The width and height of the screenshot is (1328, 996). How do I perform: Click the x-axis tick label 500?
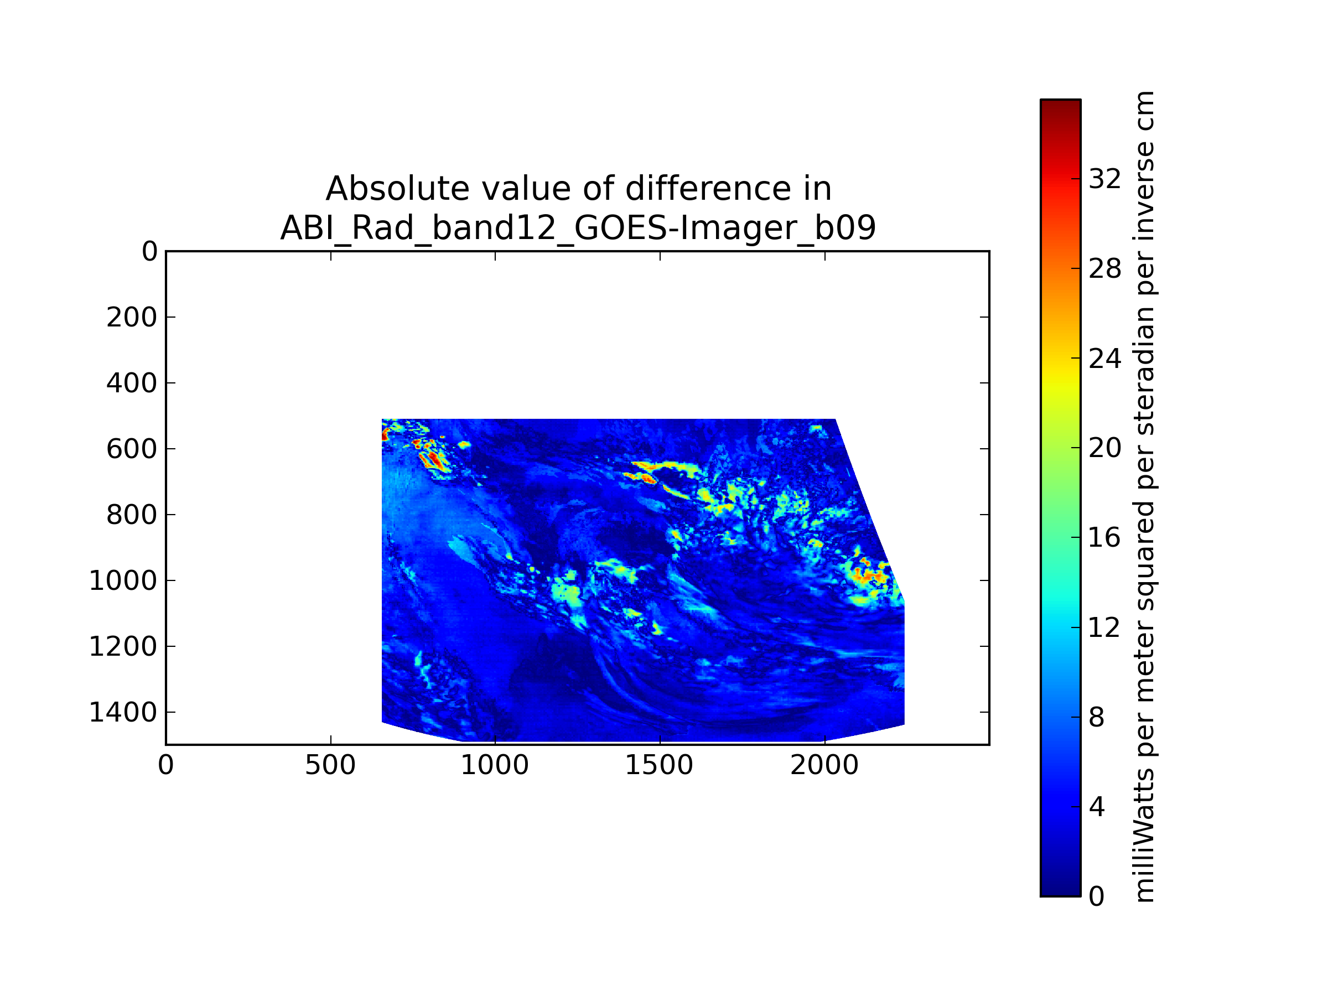coord(330,765)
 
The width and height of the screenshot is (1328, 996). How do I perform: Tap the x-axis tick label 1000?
coord(495,765)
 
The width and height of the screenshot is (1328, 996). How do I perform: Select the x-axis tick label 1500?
coord(659,765)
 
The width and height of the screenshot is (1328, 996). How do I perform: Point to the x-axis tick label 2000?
coord(824,765)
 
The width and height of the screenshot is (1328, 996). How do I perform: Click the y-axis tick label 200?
coord(132,317)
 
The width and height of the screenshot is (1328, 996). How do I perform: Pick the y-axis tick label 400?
coord(132,383)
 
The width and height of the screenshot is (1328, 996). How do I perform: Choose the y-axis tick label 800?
coord(132,515)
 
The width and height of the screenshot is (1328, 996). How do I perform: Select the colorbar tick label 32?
coord(1104,179)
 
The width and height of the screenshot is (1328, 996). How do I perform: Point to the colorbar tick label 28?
coord(1104,268)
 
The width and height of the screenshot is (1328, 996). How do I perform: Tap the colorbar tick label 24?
coord(1104,359)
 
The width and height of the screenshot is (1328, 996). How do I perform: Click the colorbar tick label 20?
coord(1104,447)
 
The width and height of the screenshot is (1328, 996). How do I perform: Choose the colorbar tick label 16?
coord(1104,537)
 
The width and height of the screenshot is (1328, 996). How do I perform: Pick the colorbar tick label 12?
coord(1104,627)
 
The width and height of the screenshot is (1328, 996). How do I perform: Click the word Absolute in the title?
coord(397,189)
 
